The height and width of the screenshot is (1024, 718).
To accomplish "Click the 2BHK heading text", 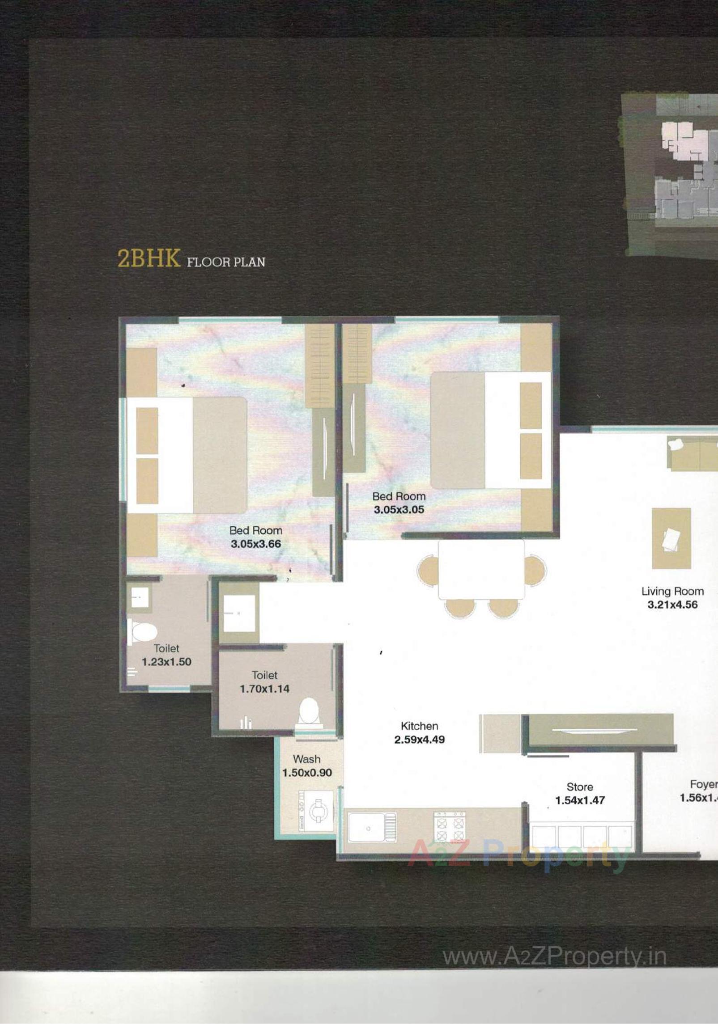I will point(149,258).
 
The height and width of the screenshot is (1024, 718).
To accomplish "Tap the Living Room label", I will point(672,591).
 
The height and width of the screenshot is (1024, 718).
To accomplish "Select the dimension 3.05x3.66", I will point(255,544).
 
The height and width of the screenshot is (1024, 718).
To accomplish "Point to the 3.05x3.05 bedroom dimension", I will point(399,509).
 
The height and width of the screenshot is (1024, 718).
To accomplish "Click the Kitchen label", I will point(419,726).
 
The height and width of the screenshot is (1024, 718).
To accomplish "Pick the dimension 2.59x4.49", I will point(419,739).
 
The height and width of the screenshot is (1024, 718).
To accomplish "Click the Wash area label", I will point(306,759).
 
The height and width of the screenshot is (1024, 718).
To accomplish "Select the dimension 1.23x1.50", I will point(166,662).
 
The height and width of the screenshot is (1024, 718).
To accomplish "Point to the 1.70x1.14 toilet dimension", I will point(264,689).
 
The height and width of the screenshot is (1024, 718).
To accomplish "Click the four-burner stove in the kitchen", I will point(449,828).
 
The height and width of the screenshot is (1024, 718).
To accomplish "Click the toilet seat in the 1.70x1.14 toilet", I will point(309,711).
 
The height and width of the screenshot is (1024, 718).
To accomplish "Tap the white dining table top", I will point(481,569).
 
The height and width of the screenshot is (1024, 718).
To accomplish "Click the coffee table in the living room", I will point(671,538).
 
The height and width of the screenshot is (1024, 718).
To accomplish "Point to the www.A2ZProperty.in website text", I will point(554,956).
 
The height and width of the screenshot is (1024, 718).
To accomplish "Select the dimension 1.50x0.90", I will point(306,773).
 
